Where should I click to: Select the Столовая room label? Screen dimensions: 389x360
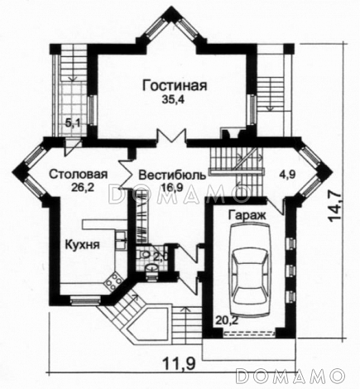pyautogui.click(x=77, y=175)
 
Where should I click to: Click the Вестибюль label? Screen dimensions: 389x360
pyautogui.click(x=172, y=175)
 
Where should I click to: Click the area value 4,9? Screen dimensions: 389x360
pyautogui.click(x=286, y=175)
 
